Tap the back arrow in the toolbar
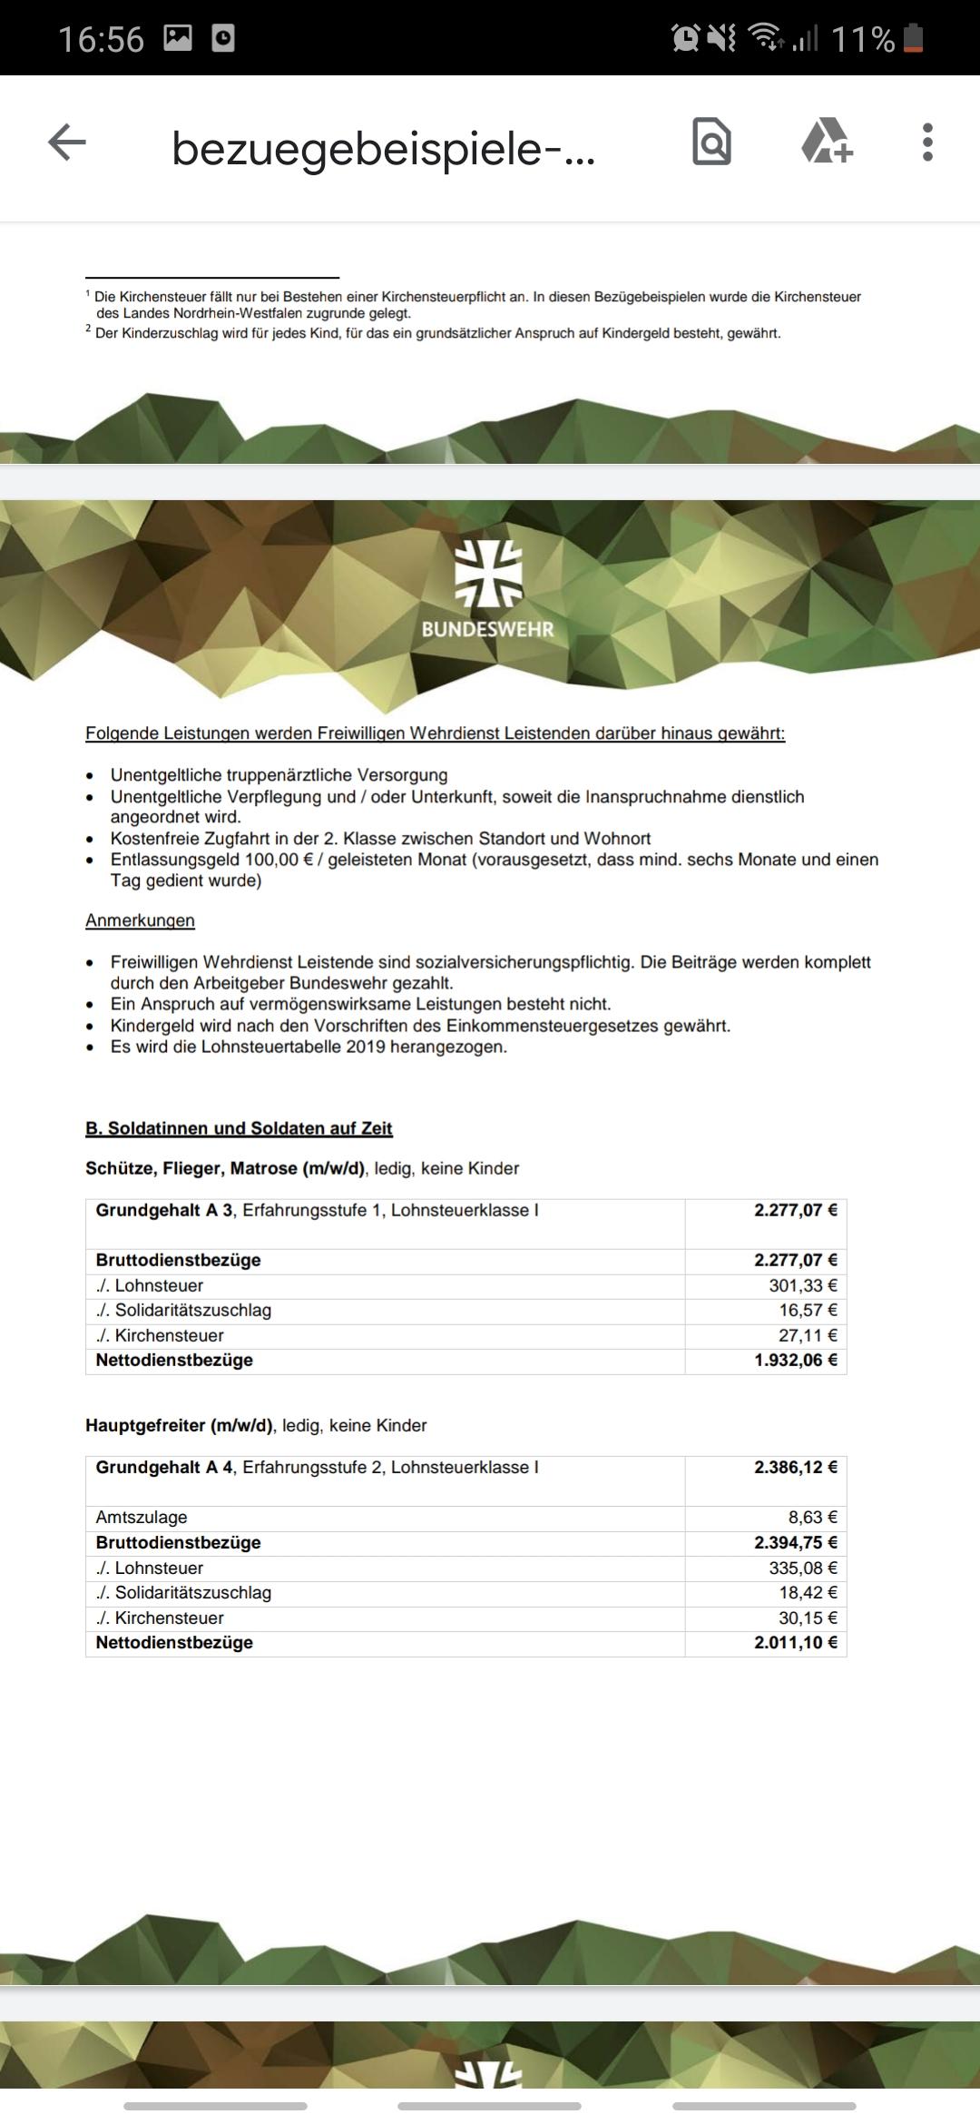pyautogui.click(x=67, y=143)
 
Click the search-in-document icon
pyautogui.click(x=711, y=142)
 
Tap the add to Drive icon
pyautogui.click(x=827, y=142)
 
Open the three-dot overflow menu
pyautogui.click(x=926, y=143)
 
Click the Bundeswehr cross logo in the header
pyautogui.click(x=488, y=574)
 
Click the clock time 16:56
pyautogui.click(x=101, y=39)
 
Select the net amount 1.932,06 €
pyautogui.click(x=795, y=1360)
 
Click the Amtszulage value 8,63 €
pyautogui.click(x=812, y=1517)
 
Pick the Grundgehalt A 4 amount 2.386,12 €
pyautogui.click(x=795, y=1467)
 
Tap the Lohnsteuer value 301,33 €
pyautogui.click(x=802, y=1285)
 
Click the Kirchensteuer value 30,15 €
pyautogui.click(x=807, y=1618)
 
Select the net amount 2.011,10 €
pyautogui.click(x=795, y=1642)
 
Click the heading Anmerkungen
pyautogui.click(x=140, y=920)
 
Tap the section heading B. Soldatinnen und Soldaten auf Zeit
pyautogui.click(x=239, y=1128)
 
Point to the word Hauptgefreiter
pyautogui.click(x=145, y=1425)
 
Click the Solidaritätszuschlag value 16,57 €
pyautogui.click(x=807, y=1310)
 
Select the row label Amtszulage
pyautogui.click(x=142, y=1517)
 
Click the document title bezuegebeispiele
pyautogui.click(x=383, y=148)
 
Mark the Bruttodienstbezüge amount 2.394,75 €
pyautogui.click(x=795, y=1542)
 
